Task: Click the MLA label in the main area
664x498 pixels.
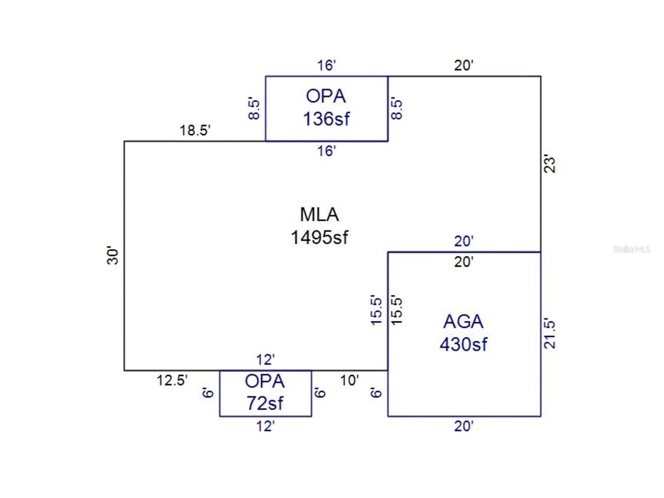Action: click(319, 215)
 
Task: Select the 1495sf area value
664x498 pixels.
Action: click(319, 237)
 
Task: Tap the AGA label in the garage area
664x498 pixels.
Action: click(463, 322)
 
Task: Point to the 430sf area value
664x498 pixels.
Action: click(463, 344)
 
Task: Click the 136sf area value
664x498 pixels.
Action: click(326, 119)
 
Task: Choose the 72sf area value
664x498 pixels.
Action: click(265, 403)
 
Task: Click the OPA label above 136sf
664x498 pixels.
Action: click(326, 97)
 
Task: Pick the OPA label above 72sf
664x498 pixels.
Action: click(265, 381)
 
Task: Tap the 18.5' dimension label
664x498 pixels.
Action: click(195, 130)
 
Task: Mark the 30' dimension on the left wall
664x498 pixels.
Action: click(113, 255)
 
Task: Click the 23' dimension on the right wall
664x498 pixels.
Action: click(550, 164)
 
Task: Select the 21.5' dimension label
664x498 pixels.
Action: click(550, 334)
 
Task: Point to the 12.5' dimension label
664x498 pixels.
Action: click(172, 380)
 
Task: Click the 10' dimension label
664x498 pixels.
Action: click(349, 380)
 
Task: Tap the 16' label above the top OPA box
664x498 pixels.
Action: click(326, 65)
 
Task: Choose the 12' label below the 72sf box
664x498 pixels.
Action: click(265, 426)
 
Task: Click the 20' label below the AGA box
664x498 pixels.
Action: click(463, 426)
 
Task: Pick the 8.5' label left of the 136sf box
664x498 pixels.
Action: click(254, 108)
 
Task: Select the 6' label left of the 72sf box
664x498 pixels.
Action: click(208, 393)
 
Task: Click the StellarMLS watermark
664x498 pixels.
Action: click(631, 249)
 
